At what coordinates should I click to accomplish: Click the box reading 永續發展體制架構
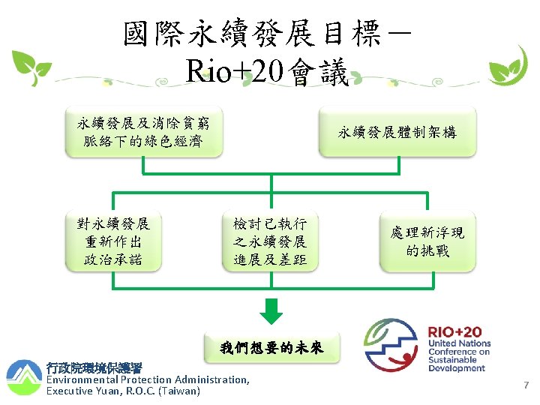click(x=397, y=133)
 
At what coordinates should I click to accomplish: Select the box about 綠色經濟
click(x=143, y=131)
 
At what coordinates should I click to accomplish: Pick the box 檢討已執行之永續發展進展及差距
click(x=270, y=242)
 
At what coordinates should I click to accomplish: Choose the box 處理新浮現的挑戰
click(x=427, y=242)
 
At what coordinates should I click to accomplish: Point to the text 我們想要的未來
click(x=271, y=347)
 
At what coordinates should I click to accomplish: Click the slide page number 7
click(x=526, y=385)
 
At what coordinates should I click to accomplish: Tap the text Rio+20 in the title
click(x=237, y=73)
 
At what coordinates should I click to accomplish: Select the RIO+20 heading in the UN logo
click(x=454, y=331)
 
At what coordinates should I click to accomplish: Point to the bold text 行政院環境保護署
click(x=94, y=368)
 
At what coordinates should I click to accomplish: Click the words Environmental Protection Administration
click(x=148, y=379)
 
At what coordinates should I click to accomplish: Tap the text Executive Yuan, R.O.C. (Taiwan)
click(x=124, y=391)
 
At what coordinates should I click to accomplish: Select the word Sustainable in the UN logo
click(x=452, y=360)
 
